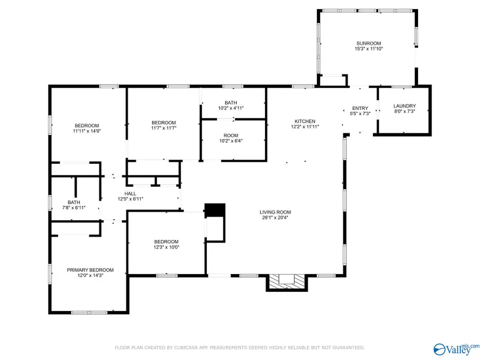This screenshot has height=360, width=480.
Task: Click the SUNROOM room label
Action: click(367, 43)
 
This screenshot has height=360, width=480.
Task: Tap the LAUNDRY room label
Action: click(404, 106)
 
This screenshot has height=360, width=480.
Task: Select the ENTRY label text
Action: click(356, 108)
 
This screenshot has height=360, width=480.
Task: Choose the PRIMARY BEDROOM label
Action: click(90, 270)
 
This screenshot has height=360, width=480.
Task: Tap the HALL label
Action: click(130, 194)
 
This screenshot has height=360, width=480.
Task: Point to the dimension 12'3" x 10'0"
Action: click(167, 247)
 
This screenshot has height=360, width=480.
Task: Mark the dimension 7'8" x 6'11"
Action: click(74, 207)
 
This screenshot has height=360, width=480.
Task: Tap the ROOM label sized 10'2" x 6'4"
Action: click(230, 135)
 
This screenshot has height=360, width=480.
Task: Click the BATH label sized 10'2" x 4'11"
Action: click(230, 102)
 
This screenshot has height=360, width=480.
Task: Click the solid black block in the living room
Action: click(215, 210)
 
